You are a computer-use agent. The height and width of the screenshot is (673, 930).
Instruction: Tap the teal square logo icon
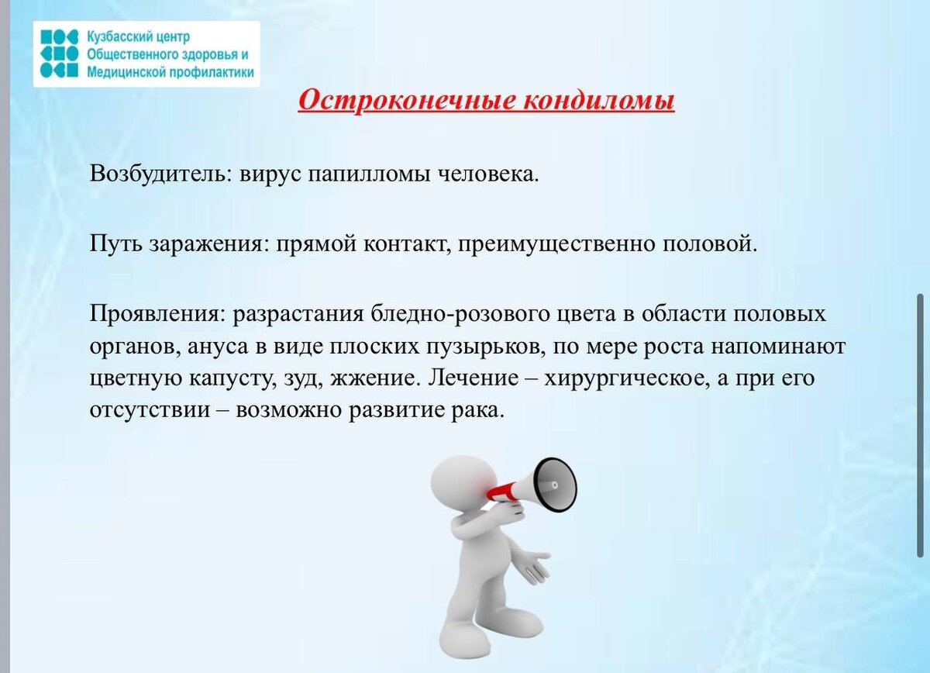pyautogui.click(x=59, y=53)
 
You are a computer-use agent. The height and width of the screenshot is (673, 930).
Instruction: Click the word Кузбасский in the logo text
pyautogui.click(x=115, y=37)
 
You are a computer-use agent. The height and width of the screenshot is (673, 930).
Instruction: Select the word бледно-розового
pyautogui.click(x=459, y=316)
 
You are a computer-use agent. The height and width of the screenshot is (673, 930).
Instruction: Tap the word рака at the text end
pyautogui.click(x=480, y=411)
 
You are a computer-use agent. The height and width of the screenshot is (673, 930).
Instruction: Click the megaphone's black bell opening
pyautogui.click(x=554, y=485)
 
